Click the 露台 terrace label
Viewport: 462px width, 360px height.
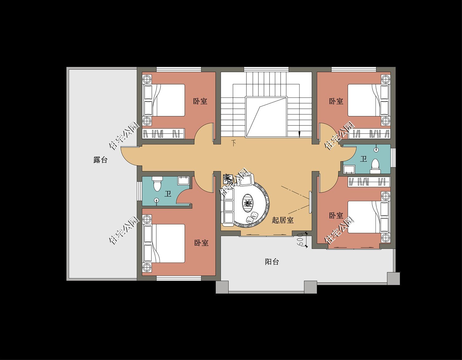(x=100, y=160)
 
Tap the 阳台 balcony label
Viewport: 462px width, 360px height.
(x=272, y=262)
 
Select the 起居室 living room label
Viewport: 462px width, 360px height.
(x=282, y=220)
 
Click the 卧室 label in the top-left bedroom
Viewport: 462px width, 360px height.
(x=200, y=101)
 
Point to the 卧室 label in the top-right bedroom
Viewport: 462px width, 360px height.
(x=336, y=101)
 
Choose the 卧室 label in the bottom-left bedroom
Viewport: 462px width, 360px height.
(x=201, y=243)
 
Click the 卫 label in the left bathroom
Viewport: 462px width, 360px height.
(x=168, y=194)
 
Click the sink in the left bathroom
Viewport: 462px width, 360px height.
(x=184, y=180)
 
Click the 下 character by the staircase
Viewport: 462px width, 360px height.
(x=234, y=143)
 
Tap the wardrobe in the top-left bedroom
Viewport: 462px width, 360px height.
(x=164, y=134)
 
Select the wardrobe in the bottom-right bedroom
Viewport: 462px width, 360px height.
(x=369, y=182)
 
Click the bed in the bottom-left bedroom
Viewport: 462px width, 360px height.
(x=164, y=243)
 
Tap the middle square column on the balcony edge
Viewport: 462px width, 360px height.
(x=310, y=287)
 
